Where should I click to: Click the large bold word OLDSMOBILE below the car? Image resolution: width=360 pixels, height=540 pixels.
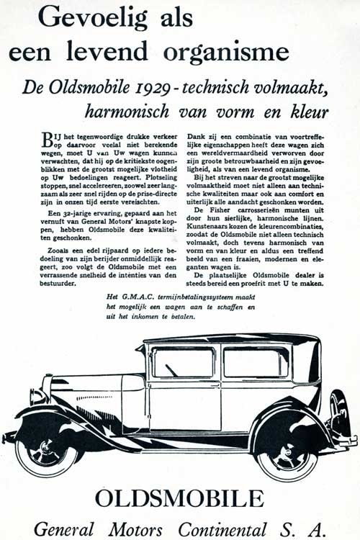point(179,498)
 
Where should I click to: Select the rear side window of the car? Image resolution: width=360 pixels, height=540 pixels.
point(256,362)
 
